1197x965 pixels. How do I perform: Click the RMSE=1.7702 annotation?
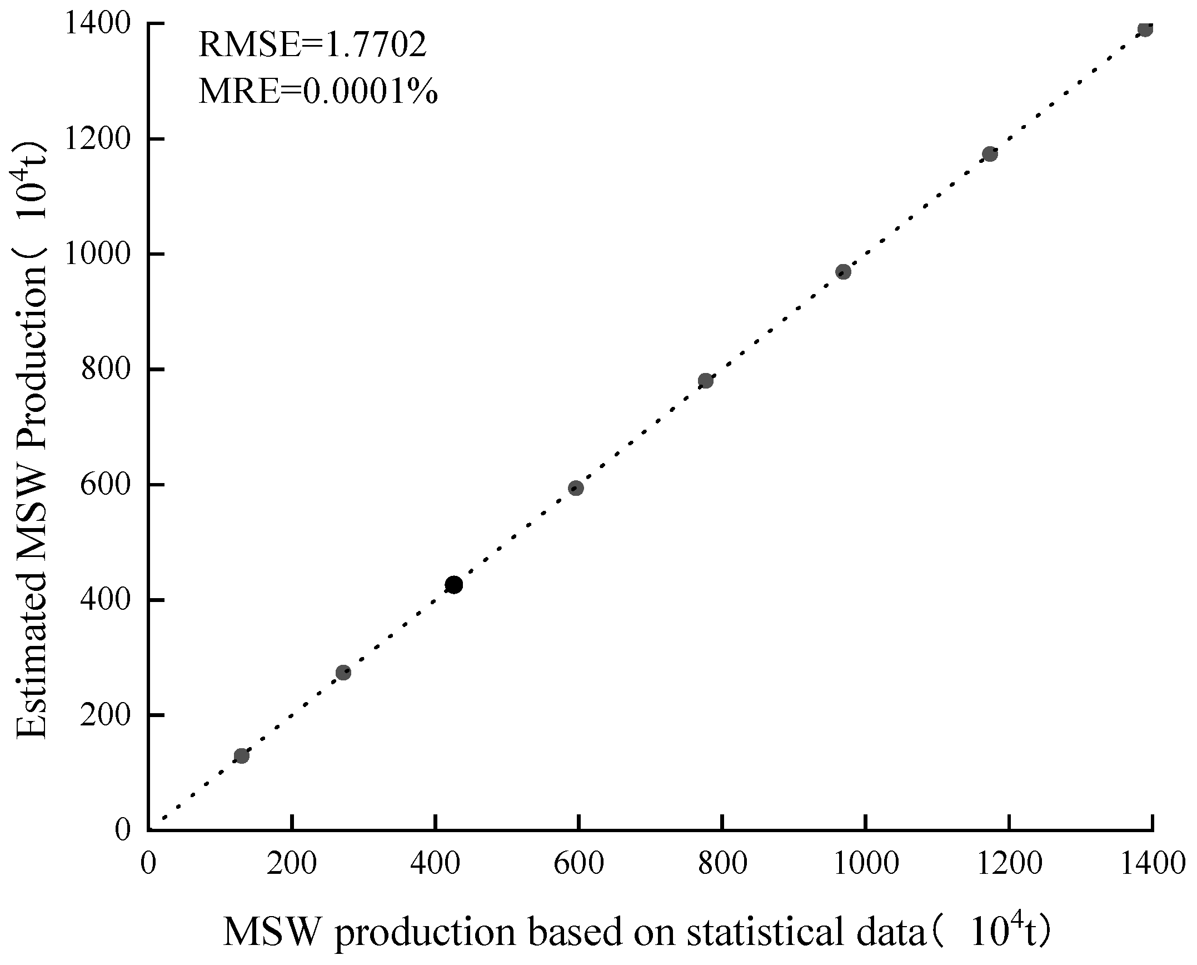pos(312,44)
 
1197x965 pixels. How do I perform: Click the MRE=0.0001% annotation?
pos(318,91)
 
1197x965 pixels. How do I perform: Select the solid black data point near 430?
pos(454,585)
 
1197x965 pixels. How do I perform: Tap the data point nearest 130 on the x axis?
pos(241,756)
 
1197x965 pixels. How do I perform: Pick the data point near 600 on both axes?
pos(576,488)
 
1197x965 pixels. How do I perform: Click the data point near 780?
pos(706,381)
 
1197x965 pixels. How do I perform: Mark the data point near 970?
pos(844,272)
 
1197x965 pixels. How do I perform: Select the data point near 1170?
pos(990,154)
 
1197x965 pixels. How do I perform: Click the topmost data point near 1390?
pos(1145,29)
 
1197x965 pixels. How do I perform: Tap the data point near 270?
pos(343,673)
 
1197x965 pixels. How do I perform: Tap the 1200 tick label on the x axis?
pos(1010,864)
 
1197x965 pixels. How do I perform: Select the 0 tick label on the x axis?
pos(148,864)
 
